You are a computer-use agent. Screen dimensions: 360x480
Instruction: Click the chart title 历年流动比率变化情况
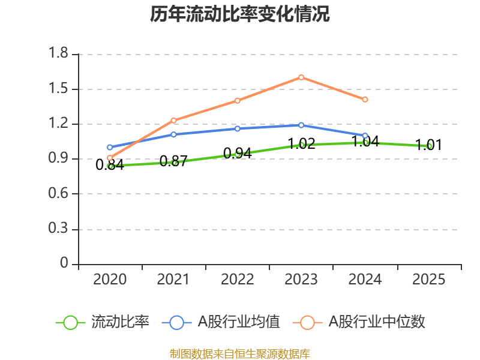240,14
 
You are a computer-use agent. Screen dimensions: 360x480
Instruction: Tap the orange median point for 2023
301,77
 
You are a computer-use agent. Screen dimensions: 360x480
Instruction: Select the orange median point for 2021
174,120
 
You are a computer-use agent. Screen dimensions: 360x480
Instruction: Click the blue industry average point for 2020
110,147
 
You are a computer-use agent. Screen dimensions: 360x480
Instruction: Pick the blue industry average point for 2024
365,136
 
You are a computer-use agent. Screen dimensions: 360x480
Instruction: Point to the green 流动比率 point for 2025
429,146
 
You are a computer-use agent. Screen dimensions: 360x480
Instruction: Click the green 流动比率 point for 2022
238,154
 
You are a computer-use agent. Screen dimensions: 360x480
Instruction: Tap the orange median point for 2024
365,99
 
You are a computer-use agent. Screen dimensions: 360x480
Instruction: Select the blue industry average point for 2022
238,128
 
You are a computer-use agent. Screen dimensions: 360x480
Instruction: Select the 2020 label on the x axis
110,280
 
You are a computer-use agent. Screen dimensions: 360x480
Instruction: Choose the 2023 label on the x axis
301,280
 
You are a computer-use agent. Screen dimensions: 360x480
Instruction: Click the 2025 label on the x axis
429,280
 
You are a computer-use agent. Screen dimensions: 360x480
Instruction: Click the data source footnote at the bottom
240,353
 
